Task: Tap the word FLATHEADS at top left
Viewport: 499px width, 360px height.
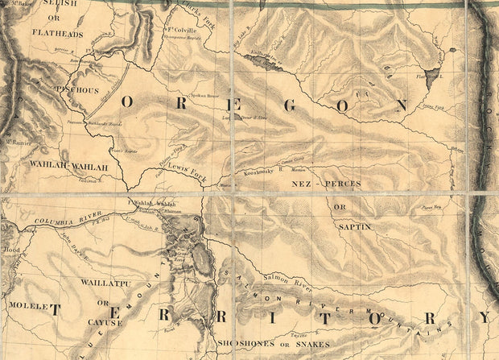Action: (x=58, y=33)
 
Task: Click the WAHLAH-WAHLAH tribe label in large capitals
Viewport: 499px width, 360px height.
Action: (x=68, y=166)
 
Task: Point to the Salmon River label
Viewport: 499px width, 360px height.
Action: (x=281, y=276)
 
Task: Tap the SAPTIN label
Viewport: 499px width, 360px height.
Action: (x=354, y=226)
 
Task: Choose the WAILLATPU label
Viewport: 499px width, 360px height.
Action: (x=101, y=283)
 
